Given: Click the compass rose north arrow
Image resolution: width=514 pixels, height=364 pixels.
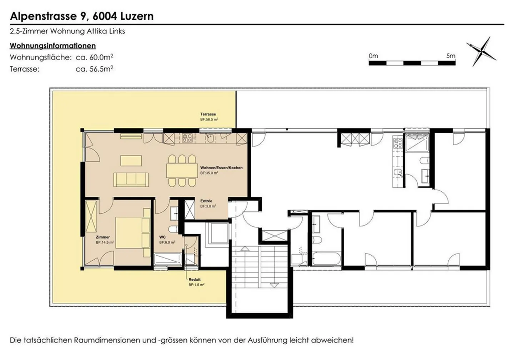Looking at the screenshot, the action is [481, 51].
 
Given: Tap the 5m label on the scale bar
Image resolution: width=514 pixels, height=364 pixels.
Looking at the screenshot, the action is [451, 56].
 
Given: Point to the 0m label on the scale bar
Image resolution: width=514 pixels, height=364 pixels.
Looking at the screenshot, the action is [373, 56].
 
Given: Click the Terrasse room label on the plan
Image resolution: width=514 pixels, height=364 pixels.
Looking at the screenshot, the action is [208, 114].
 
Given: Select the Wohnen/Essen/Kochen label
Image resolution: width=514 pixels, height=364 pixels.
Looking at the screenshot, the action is [221, 168].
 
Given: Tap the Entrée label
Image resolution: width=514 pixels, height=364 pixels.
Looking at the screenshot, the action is [206, 201].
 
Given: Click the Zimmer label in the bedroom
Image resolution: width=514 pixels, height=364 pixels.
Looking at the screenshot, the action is [103, 237].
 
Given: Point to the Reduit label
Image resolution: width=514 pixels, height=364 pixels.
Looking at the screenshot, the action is [195, 280].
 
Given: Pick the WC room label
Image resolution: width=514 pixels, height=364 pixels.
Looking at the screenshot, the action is [162, 237].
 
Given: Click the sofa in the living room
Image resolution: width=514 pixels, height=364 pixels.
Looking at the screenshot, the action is [131, 180].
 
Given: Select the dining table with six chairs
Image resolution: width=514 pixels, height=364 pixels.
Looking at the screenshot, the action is [182, 171].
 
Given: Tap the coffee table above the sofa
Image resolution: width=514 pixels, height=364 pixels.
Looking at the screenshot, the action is [131, 161].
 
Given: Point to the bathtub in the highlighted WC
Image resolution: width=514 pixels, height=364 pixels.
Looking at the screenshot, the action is [168, 259].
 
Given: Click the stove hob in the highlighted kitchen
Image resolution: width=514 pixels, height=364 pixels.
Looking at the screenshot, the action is [187, 138].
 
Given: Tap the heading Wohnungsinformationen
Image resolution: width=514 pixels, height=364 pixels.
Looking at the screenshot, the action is [53, 46].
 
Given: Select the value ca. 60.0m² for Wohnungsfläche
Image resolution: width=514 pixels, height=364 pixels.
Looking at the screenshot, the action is [95, 57].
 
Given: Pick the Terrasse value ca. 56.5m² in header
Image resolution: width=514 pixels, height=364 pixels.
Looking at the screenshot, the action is [95, 69].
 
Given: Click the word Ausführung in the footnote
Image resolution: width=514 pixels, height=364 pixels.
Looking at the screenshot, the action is [267, 340].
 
